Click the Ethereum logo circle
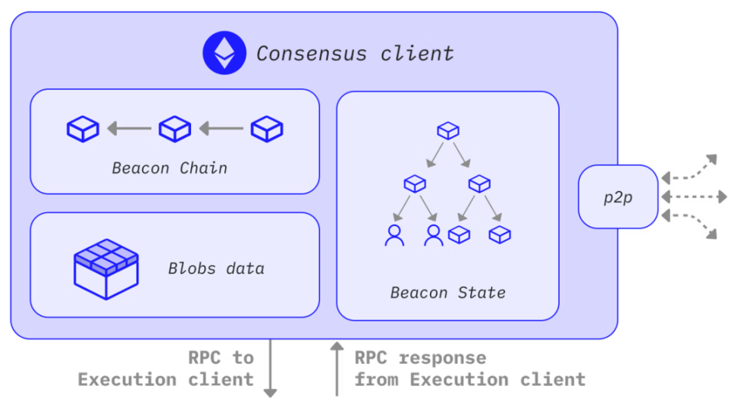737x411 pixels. coord(224,52)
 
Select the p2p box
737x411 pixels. coord(617,197)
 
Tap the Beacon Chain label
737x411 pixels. coord(169,168)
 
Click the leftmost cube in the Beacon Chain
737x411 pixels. coord(83,129)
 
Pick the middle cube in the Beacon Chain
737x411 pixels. coord(174,129)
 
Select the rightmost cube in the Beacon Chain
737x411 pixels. coord(267,129)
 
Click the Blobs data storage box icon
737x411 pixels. coord(105,268)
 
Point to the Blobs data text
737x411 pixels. coord(216,268)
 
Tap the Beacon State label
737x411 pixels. coord(447,292)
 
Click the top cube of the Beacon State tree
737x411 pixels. coord(448,130)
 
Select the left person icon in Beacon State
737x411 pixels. coord(394,235)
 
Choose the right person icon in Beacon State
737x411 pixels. coord(434,235)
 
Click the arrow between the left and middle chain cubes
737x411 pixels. coord(129,129)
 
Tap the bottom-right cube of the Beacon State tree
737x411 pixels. coord(500,235)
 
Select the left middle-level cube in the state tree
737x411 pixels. coord(415,183)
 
